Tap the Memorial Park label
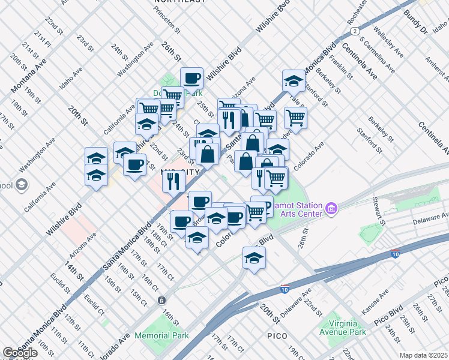(161, 335)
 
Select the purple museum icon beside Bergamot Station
(331, 209)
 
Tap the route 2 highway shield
(355, 30)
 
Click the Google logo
(20, 353)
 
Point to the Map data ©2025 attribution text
(424, 355)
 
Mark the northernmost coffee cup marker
(191, 78)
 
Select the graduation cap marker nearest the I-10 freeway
(254, 258)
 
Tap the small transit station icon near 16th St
(161, 300)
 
